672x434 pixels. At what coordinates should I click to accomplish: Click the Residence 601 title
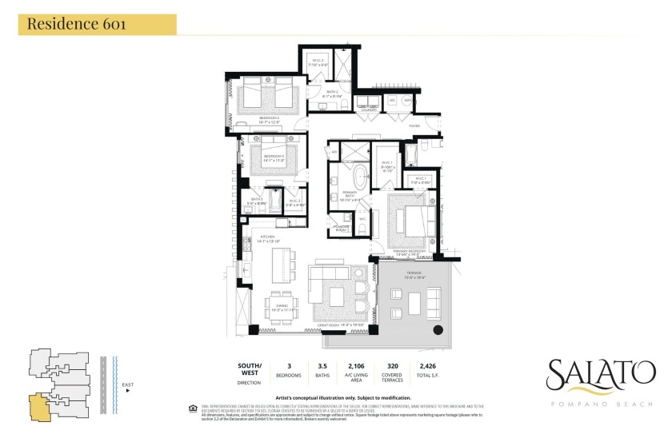click(76, 23)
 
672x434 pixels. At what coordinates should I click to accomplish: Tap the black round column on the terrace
click(438, 329)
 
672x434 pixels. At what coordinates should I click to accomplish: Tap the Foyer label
click(414, 125)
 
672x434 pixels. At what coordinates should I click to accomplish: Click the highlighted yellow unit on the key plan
click(39, 404)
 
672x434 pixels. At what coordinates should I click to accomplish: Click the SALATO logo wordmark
click(597, 374)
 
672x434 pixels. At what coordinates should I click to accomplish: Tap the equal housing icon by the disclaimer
click(190, 407)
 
